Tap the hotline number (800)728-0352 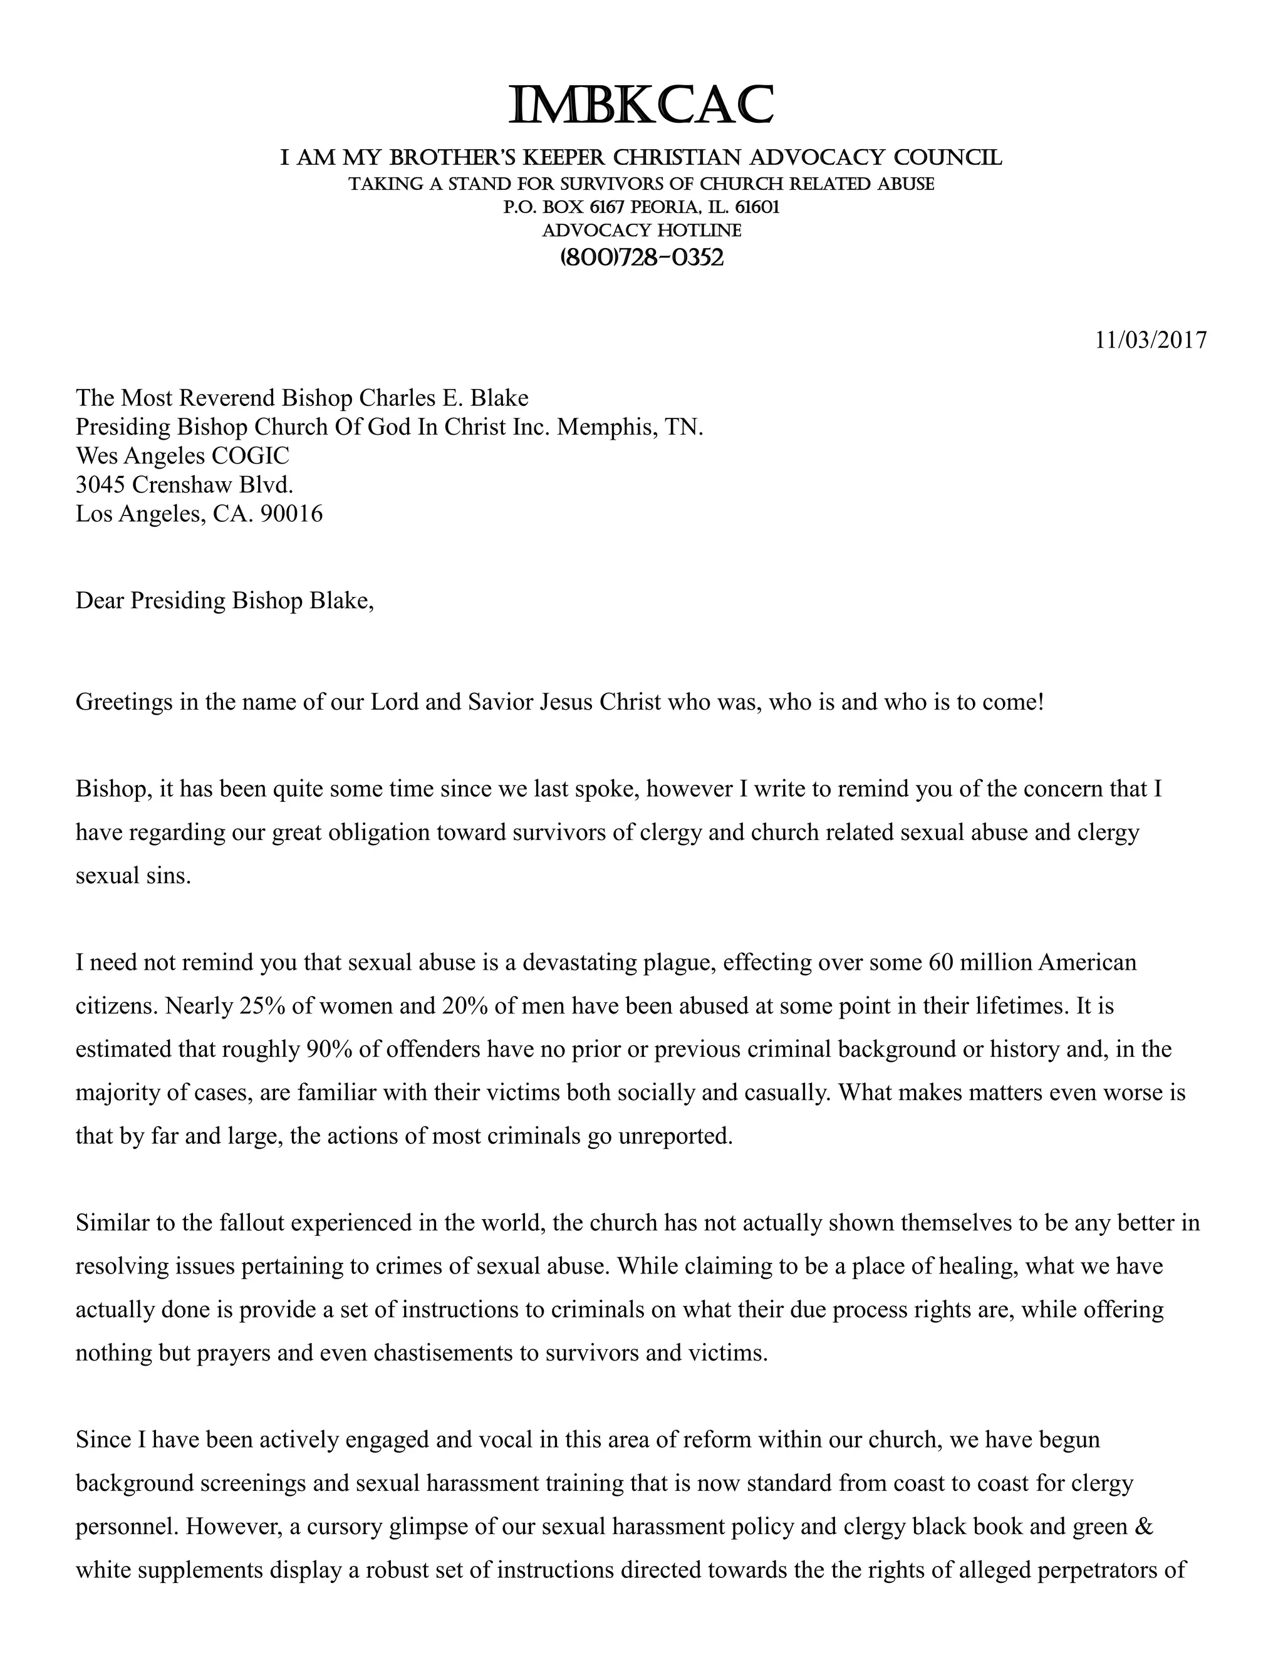(641, 257)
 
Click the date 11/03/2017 (1150, 340)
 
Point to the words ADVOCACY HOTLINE (641, 231)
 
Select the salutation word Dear (99, 601)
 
